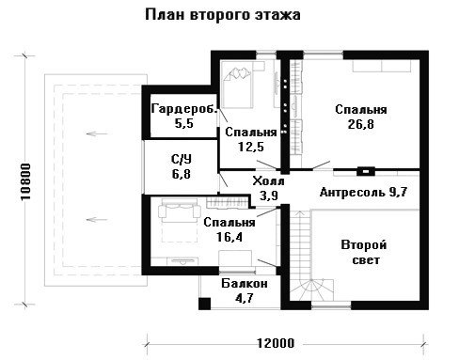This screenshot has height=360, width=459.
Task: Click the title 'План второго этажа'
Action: pyautogui.click(x=223, y=15)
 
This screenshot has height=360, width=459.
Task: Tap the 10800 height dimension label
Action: pyautogui.click(x=25, y=181)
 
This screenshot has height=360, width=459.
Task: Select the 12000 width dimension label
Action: pyautogui.click(x=276, y=343)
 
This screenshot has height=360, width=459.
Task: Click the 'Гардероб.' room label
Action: pyautogui.click(x=184, y=109)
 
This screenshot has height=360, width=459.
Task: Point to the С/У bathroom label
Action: pyautogui.click(x=182, y=160)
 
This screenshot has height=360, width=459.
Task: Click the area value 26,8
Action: pyautogui.click(x=360, y=124)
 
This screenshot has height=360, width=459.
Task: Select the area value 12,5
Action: pyautogui.click(x=251, y=147)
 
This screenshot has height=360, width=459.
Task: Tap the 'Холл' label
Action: pyautogui.click(x=268, y=181)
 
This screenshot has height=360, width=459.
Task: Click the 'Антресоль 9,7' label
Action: pyautogui.click(x=363, y=192)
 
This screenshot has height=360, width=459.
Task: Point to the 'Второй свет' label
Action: pyautogui.click(x=364, y=252)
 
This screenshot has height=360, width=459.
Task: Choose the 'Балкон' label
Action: pyautogui.click(x=245, y=284)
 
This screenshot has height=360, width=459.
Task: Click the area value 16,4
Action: pyautogui.click(x=229, y=237)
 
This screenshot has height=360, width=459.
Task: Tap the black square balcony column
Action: pyautogui.click(x=204, y=304)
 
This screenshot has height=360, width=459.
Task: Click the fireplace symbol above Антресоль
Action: pyautogui.click(x=366, y=171)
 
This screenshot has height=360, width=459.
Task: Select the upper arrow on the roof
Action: pyautogui.click(x=97, y=133)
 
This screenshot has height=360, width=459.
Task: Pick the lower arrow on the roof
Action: pyautogui.click(x=97, y=219)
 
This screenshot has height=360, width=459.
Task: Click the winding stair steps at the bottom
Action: pyautogui.click(x=311, y=290)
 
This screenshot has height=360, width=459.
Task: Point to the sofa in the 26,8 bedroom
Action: pyautogui.click(x=382, y=66)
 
